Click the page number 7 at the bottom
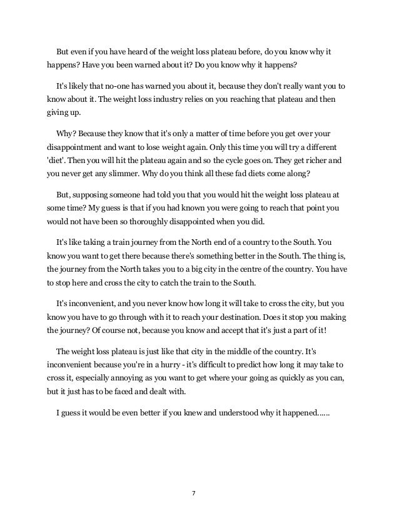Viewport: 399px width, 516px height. (x=194, y=493)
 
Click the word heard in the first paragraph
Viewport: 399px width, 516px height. (x=142, y=51)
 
